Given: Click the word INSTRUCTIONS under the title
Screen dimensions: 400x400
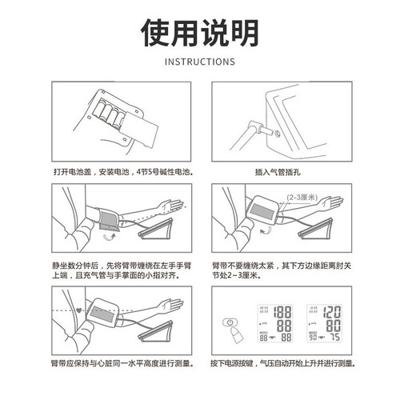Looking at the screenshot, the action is pos(200,62).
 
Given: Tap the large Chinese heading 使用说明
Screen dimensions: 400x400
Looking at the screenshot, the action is pos(200,33).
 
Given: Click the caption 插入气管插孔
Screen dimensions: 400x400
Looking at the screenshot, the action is pos(278,172).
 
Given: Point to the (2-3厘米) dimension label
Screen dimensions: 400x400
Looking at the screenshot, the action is pos(302,198).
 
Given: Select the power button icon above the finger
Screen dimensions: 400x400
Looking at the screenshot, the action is pos(230,322).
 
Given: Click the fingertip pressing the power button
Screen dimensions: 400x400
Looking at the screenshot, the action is pos(236,335).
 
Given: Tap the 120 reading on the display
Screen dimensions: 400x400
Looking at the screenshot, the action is pos(332,312).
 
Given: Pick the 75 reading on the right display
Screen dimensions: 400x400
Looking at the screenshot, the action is pos(335,337).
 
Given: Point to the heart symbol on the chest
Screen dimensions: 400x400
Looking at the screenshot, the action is pos(78,310).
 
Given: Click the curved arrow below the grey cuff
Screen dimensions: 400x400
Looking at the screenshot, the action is pos(110,237).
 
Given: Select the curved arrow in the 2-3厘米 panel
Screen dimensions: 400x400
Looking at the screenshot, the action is pos(266,231).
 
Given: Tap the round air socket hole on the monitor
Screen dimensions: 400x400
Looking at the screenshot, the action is pos(277,134).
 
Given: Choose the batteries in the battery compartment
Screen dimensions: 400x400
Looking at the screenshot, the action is pos(110,114).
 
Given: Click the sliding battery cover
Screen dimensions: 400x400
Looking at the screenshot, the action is pos(138,129).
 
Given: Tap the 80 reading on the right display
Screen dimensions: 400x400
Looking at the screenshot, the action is pos(334,326).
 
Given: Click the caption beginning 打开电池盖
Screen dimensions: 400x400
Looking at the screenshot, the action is pos(123,172).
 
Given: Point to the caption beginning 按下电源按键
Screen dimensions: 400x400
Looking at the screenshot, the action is pos(282,363).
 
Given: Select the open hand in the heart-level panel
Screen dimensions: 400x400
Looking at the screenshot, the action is pos(170,306).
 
